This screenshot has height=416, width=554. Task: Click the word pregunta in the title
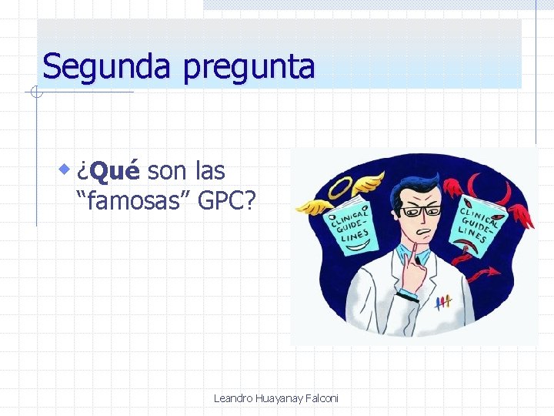pyautogui.click(x=249, y=68)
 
